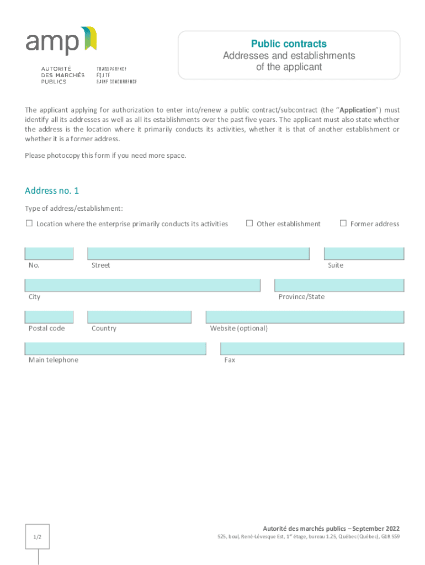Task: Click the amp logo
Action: pos(61,41)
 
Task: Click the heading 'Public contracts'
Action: pos(289,44)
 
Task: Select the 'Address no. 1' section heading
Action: pos(52,191)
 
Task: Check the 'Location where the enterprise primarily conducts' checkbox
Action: pos(29,223)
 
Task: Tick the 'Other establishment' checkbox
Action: pos(249,223)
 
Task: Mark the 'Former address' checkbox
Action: pos(343,223)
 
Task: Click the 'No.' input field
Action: pos(49,254)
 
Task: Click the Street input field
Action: pos(198,254)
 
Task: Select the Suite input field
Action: pos(364,254)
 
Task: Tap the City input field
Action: pos(142,285)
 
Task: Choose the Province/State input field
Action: pos(339,285)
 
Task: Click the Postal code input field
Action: pos(49,317)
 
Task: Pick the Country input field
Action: pos(139,317)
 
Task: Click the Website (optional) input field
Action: pos(305,317)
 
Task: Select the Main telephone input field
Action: pos(115,349)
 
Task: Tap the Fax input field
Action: pos(312,349)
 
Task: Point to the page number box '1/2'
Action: pos(38,537)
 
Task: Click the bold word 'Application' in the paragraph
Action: pos(358,110)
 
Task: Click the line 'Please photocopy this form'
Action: pos(105,156)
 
